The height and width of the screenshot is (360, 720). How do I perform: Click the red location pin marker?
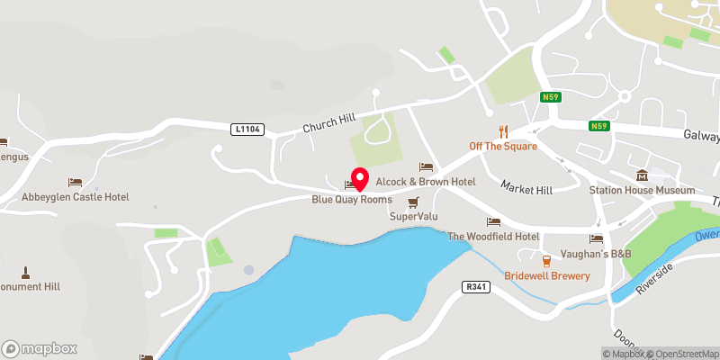pos(360,178)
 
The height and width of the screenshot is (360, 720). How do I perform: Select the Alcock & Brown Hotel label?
pos(425,182)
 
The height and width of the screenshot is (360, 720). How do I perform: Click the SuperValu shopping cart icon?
pos(413,202)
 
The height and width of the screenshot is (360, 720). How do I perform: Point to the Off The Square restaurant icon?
pos(503,131)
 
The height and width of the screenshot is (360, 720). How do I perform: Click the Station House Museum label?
pos(642,190)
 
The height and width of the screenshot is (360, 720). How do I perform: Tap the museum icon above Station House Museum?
pos(642,175)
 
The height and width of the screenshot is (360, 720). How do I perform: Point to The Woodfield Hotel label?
pos(493,237)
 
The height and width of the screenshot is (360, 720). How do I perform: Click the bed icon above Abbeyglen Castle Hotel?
pos(76,182)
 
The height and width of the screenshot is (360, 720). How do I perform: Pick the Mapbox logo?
pos(40,348)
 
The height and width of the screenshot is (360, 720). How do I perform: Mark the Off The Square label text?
pos(503,146)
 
